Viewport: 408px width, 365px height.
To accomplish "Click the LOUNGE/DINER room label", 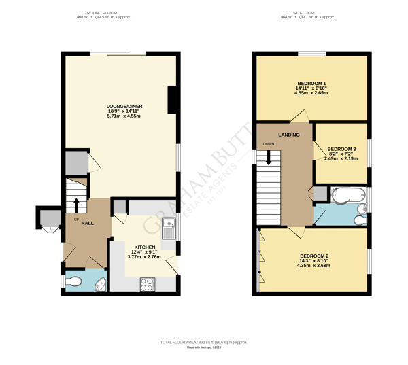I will point(124,106).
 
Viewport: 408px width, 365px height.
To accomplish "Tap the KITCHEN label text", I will point(144,247).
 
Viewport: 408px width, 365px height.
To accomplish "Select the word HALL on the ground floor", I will point(88,223).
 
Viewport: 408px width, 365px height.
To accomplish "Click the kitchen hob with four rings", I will point(147,285).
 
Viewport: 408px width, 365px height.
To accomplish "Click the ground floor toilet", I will point(75,281).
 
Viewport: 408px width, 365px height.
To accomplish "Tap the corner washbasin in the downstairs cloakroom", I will point(100,284).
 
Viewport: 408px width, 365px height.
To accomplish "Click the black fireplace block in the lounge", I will point(173,99).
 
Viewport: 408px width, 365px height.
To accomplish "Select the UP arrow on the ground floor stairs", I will point(76,205).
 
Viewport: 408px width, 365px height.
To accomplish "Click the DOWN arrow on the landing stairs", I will point(269,157).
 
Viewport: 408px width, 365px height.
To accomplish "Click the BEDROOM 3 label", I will point(341,149).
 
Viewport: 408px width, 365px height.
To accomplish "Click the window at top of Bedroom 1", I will point(311,54).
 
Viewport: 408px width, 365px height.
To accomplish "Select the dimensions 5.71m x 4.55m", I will point(124,116).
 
